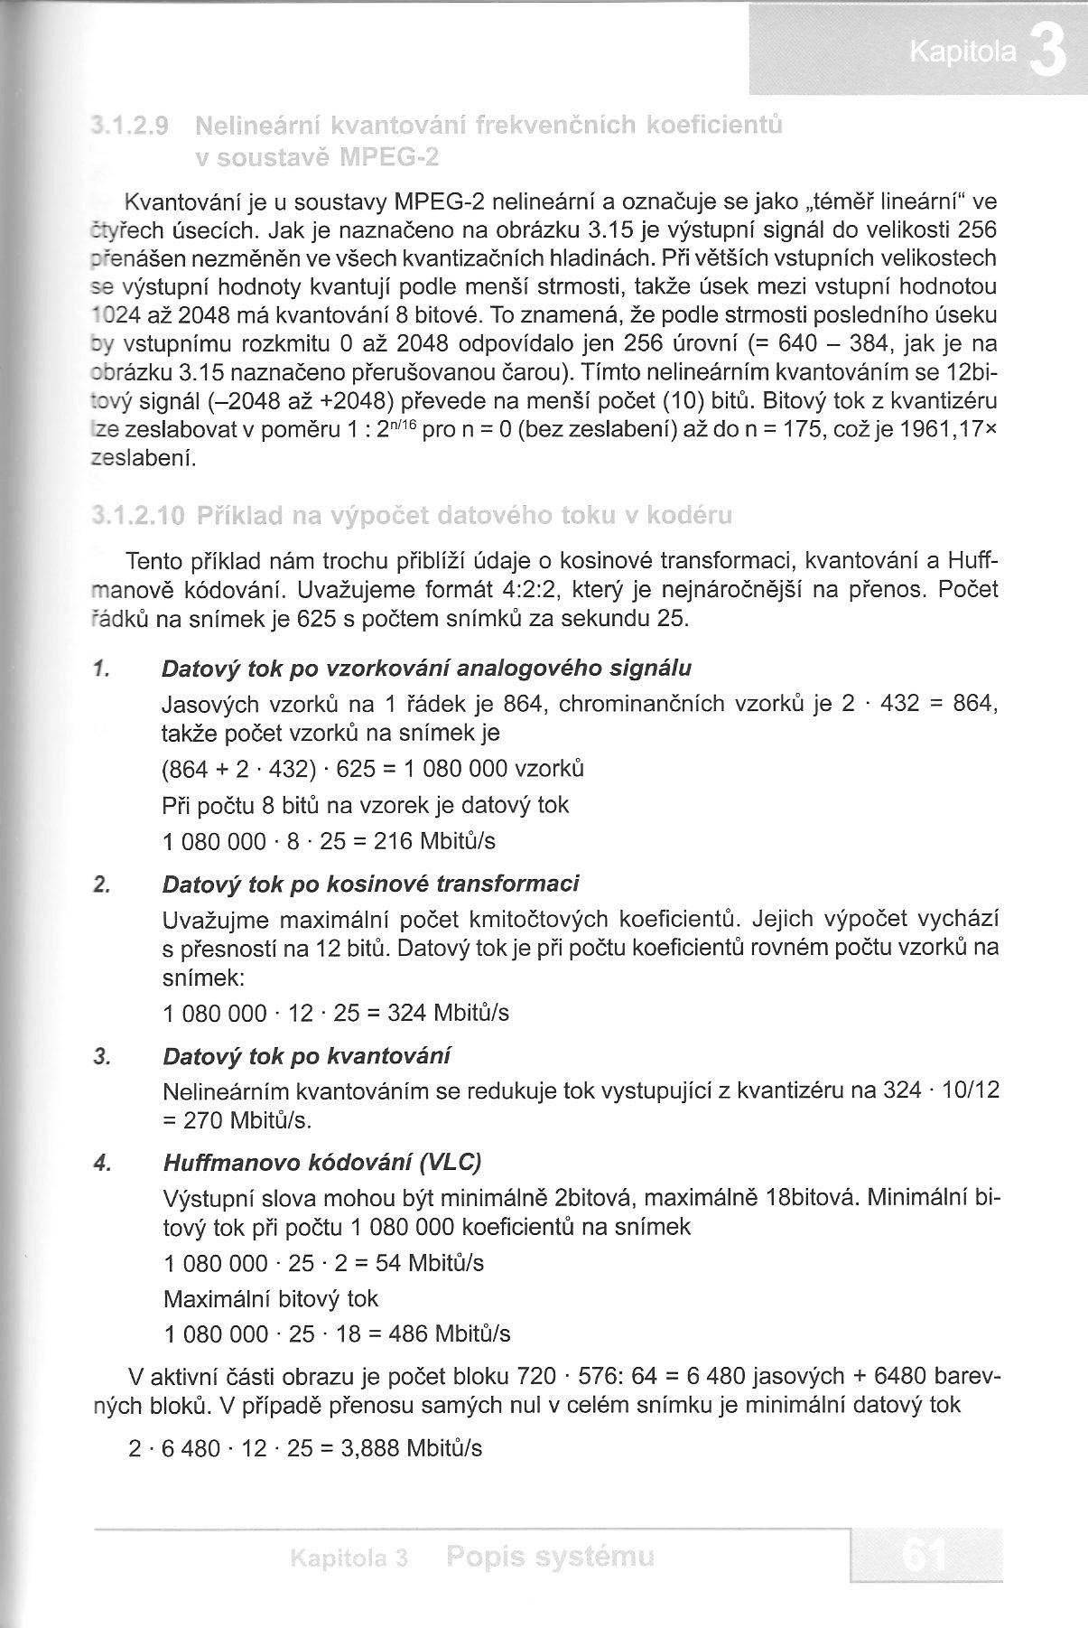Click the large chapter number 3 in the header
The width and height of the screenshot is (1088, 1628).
(x=1047, y=54)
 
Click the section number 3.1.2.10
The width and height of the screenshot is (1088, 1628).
(x=136, y=516)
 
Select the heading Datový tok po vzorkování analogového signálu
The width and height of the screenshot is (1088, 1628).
(x=426, y=669)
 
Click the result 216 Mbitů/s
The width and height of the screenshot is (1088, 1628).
(x=434, y=842)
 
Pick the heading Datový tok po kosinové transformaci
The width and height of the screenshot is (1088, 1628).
(x=371, y=884)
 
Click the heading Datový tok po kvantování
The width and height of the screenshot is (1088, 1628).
(x=306, y=1056)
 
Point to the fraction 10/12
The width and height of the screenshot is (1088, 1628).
(x=971, y=1091)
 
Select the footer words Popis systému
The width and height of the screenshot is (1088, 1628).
(x=550, y=1558)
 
